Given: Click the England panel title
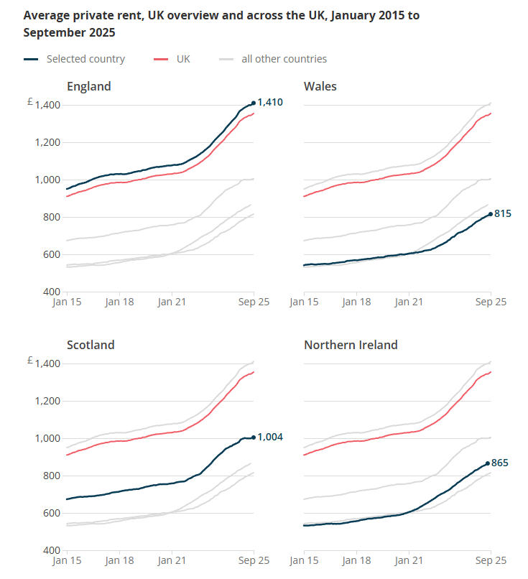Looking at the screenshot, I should coord(89,86).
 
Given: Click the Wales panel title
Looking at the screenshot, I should coord(320,86).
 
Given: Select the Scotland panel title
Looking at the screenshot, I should coord(91,345).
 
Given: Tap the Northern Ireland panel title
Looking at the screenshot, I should coord(351,345).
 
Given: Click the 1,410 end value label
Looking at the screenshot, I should coord(270,103).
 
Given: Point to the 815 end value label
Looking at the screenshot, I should coord(501,213).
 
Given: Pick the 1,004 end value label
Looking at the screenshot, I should coord(270,437).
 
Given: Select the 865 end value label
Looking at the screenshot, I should coord(500,463).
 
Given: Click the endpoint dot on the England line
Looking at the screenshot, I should coord(254,103).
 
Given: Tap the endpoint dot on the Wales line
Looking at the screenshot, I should coord(491,214).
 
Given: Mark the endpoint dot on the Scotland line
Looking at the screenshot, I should coord(254,437).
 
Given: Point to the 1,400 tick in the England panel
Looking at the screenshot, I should coord(47,105).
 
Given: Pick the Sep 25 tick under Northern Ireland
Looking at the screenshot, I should coord(491,561).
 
